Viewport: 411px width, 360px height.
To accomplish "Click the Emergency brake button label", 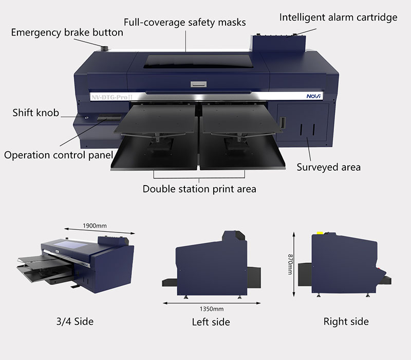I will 67,32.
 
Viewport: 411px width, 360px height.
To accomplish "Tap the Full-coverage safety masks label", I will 185,22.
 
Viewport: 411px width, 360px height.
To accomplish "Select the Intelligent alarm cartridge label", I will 338,17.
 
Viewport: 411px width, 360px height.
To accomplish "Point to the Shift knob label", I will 35,113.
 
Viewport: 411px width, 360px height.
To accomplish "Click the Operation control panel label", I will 59,155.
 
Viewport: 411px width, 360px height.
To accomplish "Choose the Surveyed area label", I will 329,167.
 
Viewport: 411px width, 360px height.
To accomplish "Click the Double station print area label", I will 199,189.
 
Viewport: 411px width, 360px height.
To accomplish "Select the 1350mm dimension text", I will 211,309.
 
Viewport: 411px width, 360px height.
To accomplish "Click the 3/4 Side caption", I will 74,321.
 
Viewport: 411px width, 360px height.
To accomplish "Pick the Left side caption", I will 211,322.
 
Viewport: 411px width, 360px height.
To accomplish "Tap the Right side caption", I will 346,321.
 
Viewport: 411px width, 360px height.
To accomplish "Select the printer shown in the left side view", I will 211,262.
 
